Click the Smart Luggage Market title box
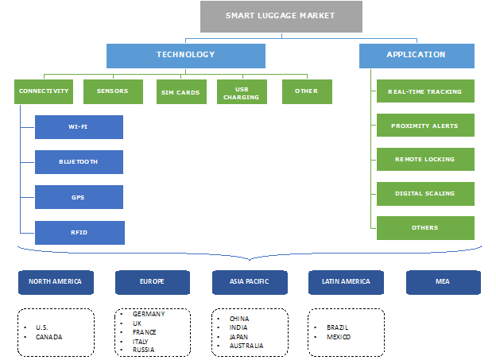tap(281, 17)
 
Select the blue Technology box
tap(185, 56)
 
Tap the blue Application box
tap(417, 56)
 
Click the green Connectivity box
tap(44, 91)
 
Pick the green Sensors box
tap(113, 91)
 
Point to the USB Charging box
tap(242, 92)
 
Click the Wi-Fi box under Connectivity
tap(79, 127)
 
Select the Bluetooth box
tap(79, 162)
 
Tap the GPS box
tap(79, 197)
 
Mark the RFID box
tap(79, 232)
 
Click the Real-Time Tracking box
tap(425, 91)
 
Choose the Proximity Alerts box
tap(425, 126)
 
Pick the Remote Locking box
tap(425, 160)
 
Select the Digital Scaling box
tap(425, 194)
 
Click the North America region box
tap(55, 282)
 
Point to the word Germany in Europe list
tap(149, 314)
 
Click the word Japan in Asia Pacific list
tap(238, 336)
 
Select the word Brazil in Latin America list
tap(338, 327)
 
